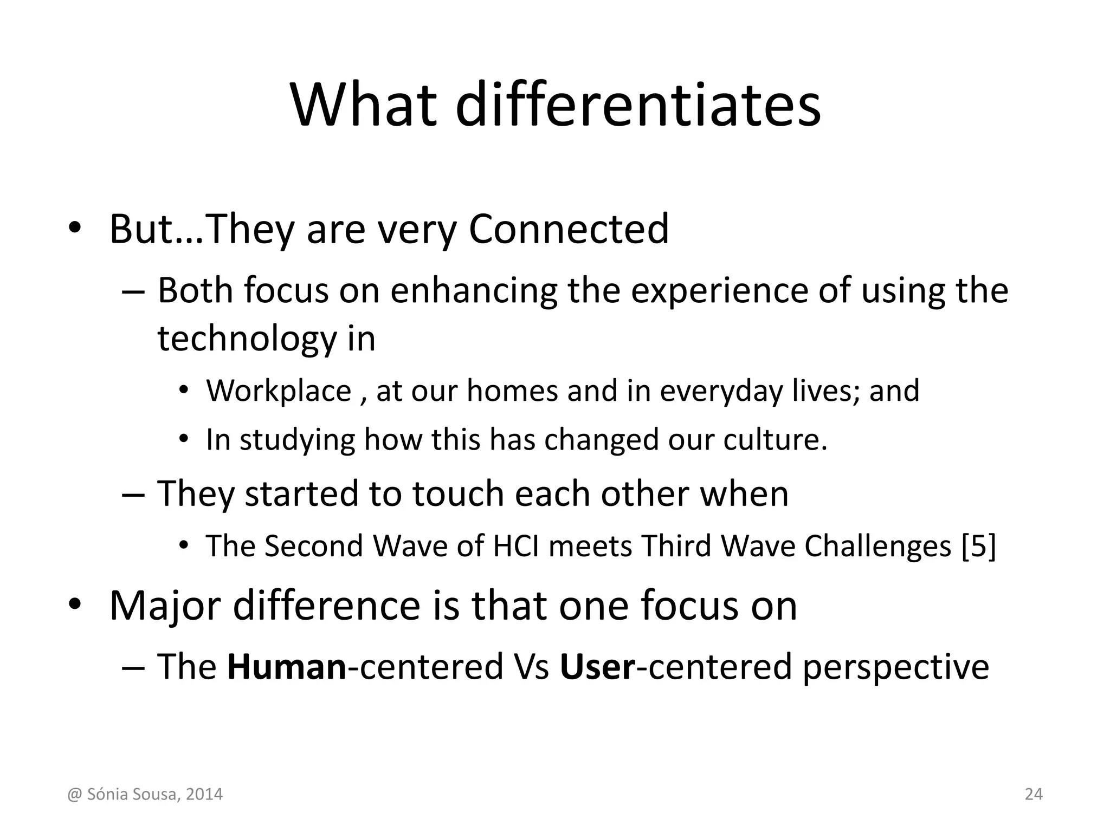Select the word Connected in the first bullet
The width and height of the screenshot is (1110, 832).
coord(569,229)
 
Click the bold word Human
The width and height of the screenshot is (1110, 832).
coord(286,666)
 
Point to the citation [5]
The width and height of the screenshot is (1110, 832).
coord(978,545)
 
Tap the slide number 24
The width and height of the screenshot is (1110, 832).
coord(1034,795)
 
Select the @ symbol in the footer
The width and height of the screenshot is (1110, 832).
coord(74,795)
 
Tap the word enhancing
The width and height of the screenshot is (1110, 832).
coord(474,290)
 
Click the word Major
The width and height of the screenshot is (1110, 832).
coord(165,606)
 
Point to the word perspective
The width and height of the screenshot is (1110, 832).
coord(895,666)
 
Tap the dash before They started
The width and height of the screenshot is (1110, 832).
coord(133,495)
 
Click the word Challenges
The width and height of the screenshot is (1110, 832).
coord(877,545)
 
